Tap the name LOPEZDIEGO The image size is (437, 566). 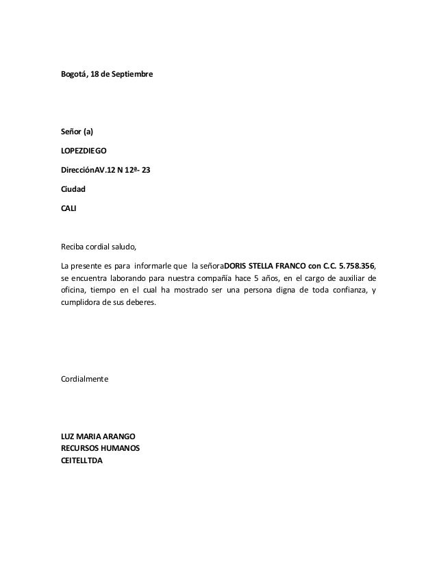tap(84, 149)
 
